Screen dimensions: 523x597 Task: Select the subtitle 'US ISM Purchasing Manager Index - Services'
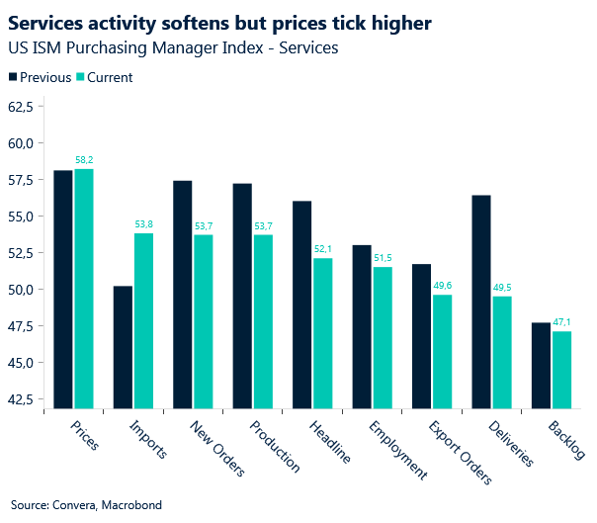point(173,47)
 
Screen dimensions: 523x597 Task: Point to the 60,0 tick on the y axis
point(20,142)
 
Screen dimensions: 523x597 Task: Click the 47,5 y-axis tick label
point(20,326)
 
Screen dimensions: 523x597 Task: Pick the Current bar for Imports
point(143,320)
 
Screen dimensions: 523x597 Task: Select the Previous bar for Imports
point(124,347)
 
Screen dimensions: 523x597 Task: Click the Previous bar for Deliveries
point(481,302)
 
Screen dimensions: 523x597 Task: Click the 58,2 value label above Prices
point(84,159)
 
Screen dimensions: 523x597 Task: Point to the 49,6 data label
point(442,286)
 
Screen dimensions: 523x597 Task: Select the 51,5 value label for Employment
point(383,258)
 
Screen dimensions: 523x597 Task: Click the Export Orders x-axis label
point(461,452)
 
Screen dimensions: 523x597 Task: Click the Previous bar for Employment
point(362,326)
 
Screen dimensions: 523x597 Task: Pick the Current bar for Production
point(263,321)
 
